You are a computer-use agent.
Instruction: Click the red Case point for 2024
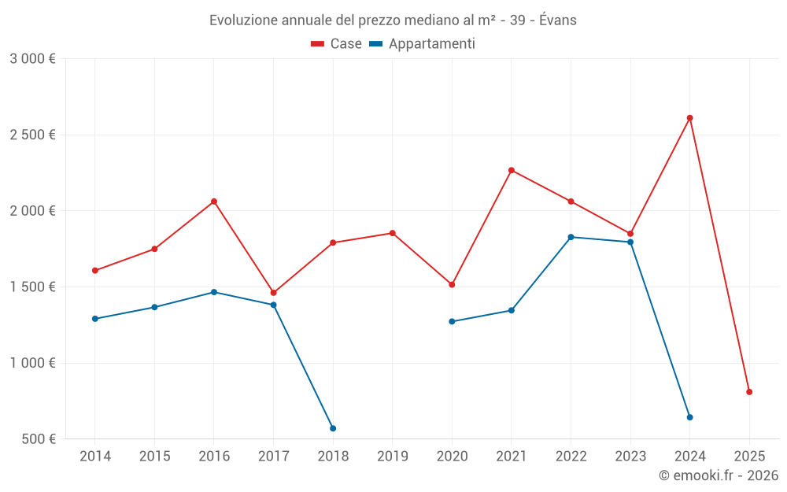point(689,118)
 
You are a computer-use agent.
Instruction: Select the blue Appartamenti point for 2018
point(333,428)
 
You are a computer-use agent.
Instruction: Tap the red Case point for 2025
point(749,392)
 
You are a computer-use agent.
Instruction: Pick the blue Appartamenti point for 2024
point(689,417)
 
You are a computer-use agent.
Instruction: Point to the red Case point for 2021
point(512,170)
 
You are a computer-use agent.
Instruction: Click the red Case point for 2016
point(214,202)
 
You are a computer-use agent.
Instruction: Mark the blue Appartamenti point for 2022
point(571,237)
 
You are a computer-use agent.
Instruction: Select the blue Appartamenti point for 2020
point(452,321)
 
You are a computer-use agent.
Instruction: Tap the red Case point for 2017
point(273,293)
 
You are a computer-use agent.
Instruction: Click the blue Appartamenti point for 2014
point(95,319)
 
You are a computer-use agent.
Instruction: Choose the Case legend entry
point(336,44)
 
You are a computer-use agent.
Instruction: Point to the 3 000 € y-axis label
point(32,59)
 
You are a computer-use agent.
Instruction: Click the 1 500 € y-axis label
point(32,287)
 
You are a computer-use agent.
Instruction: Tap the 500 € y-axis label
point(38,439)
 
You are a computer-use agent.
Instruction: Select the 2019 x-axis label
point(392,456)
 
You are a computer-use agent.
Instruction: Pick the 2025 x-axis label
point(749,456)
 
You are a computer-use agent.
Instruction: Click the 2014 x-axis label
point(95,456)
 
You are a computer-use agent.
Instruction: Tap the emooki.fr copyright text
point(718,475)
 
